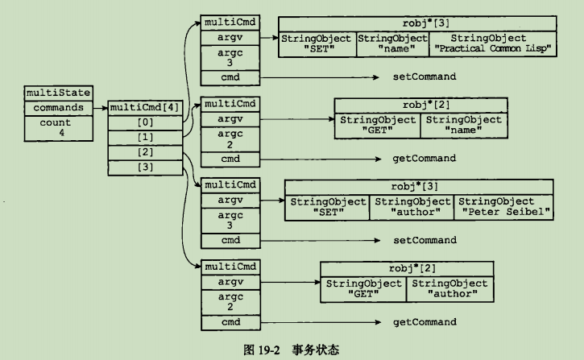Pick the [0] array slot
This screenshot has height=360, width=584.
(145, 122)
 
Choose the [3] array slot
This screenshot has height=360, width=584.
(145, 167)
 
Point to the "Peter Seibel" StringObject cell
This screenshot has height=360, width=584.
(504, 207)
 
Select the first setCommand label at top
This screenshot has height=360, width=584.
(425, 77)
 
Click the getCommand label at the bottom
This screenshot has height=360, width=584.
(425, 322)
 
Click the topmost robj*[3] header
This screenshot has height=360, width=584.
(418, 23)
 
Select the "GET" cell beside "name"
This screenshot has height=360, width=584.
(377, 125)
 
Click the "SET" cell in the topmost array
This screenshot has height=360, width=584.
(317, 43)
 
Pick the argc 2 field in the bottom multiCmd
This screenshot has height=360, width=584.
(230, 302)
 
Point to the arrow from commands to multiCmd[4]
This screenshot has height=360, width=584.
(95, 107)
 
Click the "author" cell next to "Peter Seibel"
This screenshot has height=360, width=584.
(412, 207)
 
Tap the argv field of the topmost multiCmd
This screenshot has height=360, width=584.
(230, 37)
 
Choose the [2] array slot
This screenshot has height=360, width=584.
(145, 152)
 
